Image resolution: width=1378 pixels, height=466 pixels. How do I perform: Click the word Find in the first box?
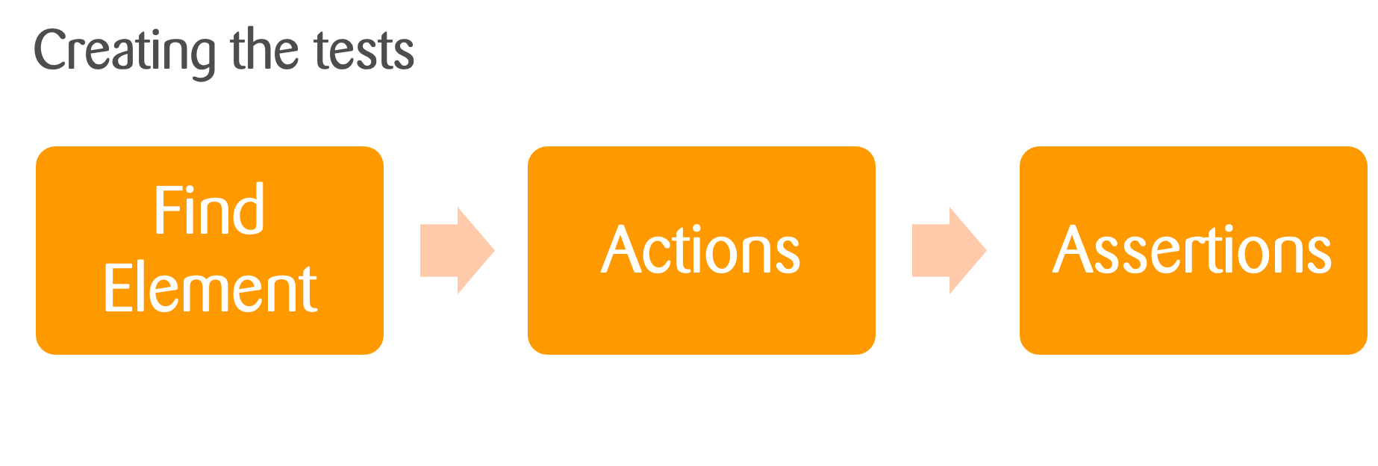click(x=209, y=211)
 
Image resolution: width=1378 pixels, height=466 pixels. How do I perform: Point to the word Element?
click(x=210, y=288)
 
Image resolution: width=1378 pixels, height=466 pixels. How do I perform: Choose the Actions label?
click(x=700, y=250)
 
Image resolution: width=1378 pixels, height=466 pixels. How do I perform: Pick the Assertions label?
click(x=1192, y=250)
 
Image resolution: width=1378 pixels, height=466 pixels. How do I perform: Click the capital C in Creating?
click(x=49, y=51)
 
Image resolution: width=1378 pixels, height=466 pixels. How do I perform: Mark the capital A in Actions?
click(x=621, y=250)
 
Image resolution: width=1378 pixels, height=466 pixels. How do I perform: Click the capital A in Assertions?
click(x=1073, y=250)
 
